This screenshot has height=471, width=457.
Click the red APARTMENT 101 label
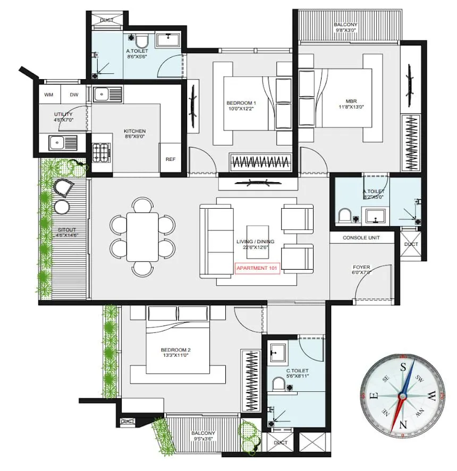tap(258, 268)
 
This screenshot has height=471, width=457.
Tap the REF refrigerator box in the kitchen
tap(170, 159)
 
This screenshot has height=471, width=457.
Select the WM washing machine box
tap(49, 95)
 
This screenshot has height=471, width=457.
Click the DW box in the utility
tap(73, 95)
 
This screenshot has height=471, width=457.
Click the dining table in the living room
tap(142, 237)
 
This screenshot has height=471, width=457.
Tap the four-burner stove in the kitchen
tap(101, 152)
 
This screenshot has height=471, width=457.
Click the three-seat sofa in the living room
tap(216, 241)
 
